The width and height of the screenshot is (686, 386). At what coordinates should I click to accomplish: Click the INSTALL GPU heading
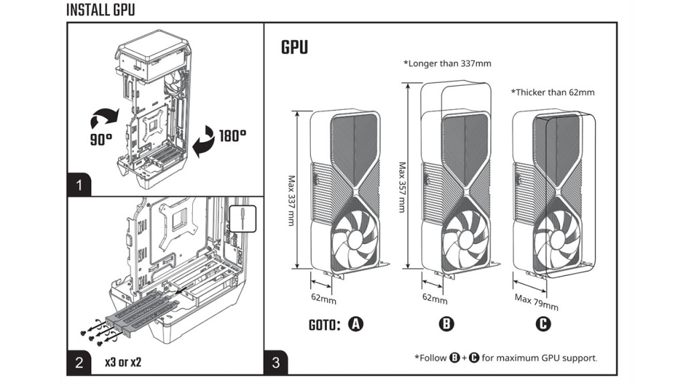[x=100, y=11]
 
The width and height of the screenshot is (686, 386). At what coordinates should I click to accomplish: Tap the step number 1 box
[x=80, y=185]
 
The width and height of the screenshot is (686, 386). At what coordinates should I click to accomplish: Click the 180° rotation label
[x=232, y=136]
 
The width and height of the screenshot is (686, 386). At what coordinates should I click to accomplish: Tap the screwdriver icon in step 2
[x=243, y=218]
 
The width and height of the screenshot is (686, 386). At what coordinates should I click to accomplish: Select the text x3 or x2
[x=123, y=363]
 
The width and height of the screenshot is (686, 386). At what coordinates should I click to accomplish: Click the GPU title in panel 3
[x=295, y=48]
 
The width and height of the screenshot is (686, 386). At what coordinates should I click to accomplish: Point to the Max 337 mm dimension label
[x=291, y=200]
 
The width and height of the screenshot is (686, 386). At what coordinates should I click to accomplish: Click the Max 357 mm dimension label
[x=402, y=187]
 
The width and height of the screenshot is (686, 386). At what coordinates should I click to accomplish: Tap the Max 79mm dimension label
[x=536, y=302]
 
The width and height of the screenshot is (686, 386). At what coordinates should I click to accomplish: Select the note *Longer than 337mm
[x=447, y=64]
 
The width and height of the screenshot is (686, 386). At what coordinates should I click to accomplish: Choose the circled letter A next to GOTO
[x=356, y=324]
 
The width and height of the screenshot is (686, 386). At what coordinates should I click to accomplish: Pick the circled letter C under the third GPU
[x=543, y=324]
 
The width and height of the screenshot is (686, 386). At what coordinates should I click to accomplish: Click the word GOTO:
[x=325, y=325]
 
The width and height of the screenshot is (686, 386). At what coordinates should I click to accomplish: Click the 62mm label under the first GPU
[x=324, y=296]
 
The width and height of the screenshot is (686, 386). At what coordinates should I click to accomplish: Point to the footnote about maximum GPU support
[x=506, y=358]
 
